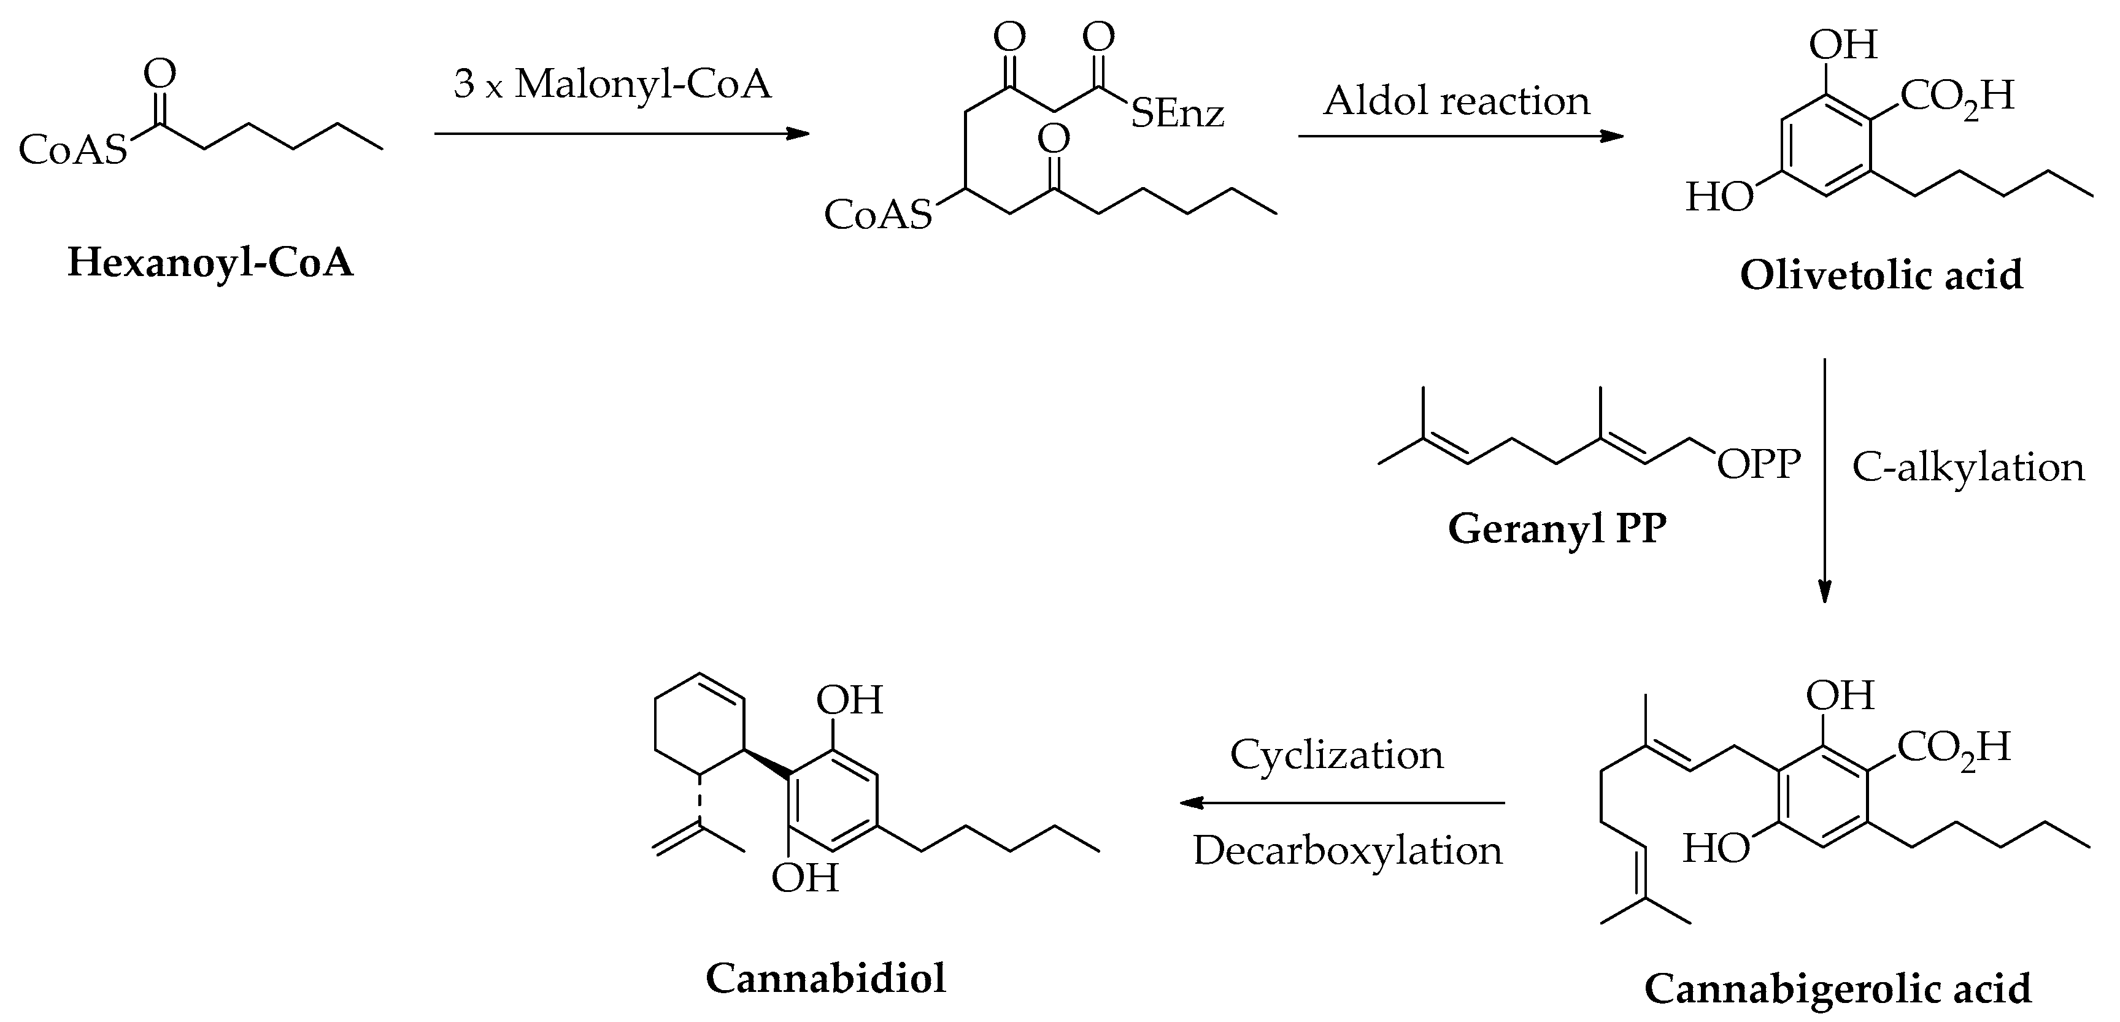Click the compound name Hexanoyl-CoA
point(210,263)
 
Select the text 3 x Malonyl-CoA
point(612,84)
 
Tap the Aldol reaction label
point(1457,101)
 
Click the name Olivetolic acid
point(1881,275)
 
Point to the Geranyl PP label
point(1557,528)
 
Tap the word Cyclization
point(1336,755)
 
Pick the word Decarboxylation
point(1348,850)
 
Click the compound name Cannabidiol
point(825,978)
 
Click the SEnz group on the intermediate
point(1178,113)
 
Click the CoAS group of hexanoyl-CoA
point(73,150)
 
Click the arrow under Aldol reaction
point(1462,136)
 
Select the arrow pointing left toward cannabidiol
point(1341,802)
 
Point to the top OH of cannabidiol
point(849,701)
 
